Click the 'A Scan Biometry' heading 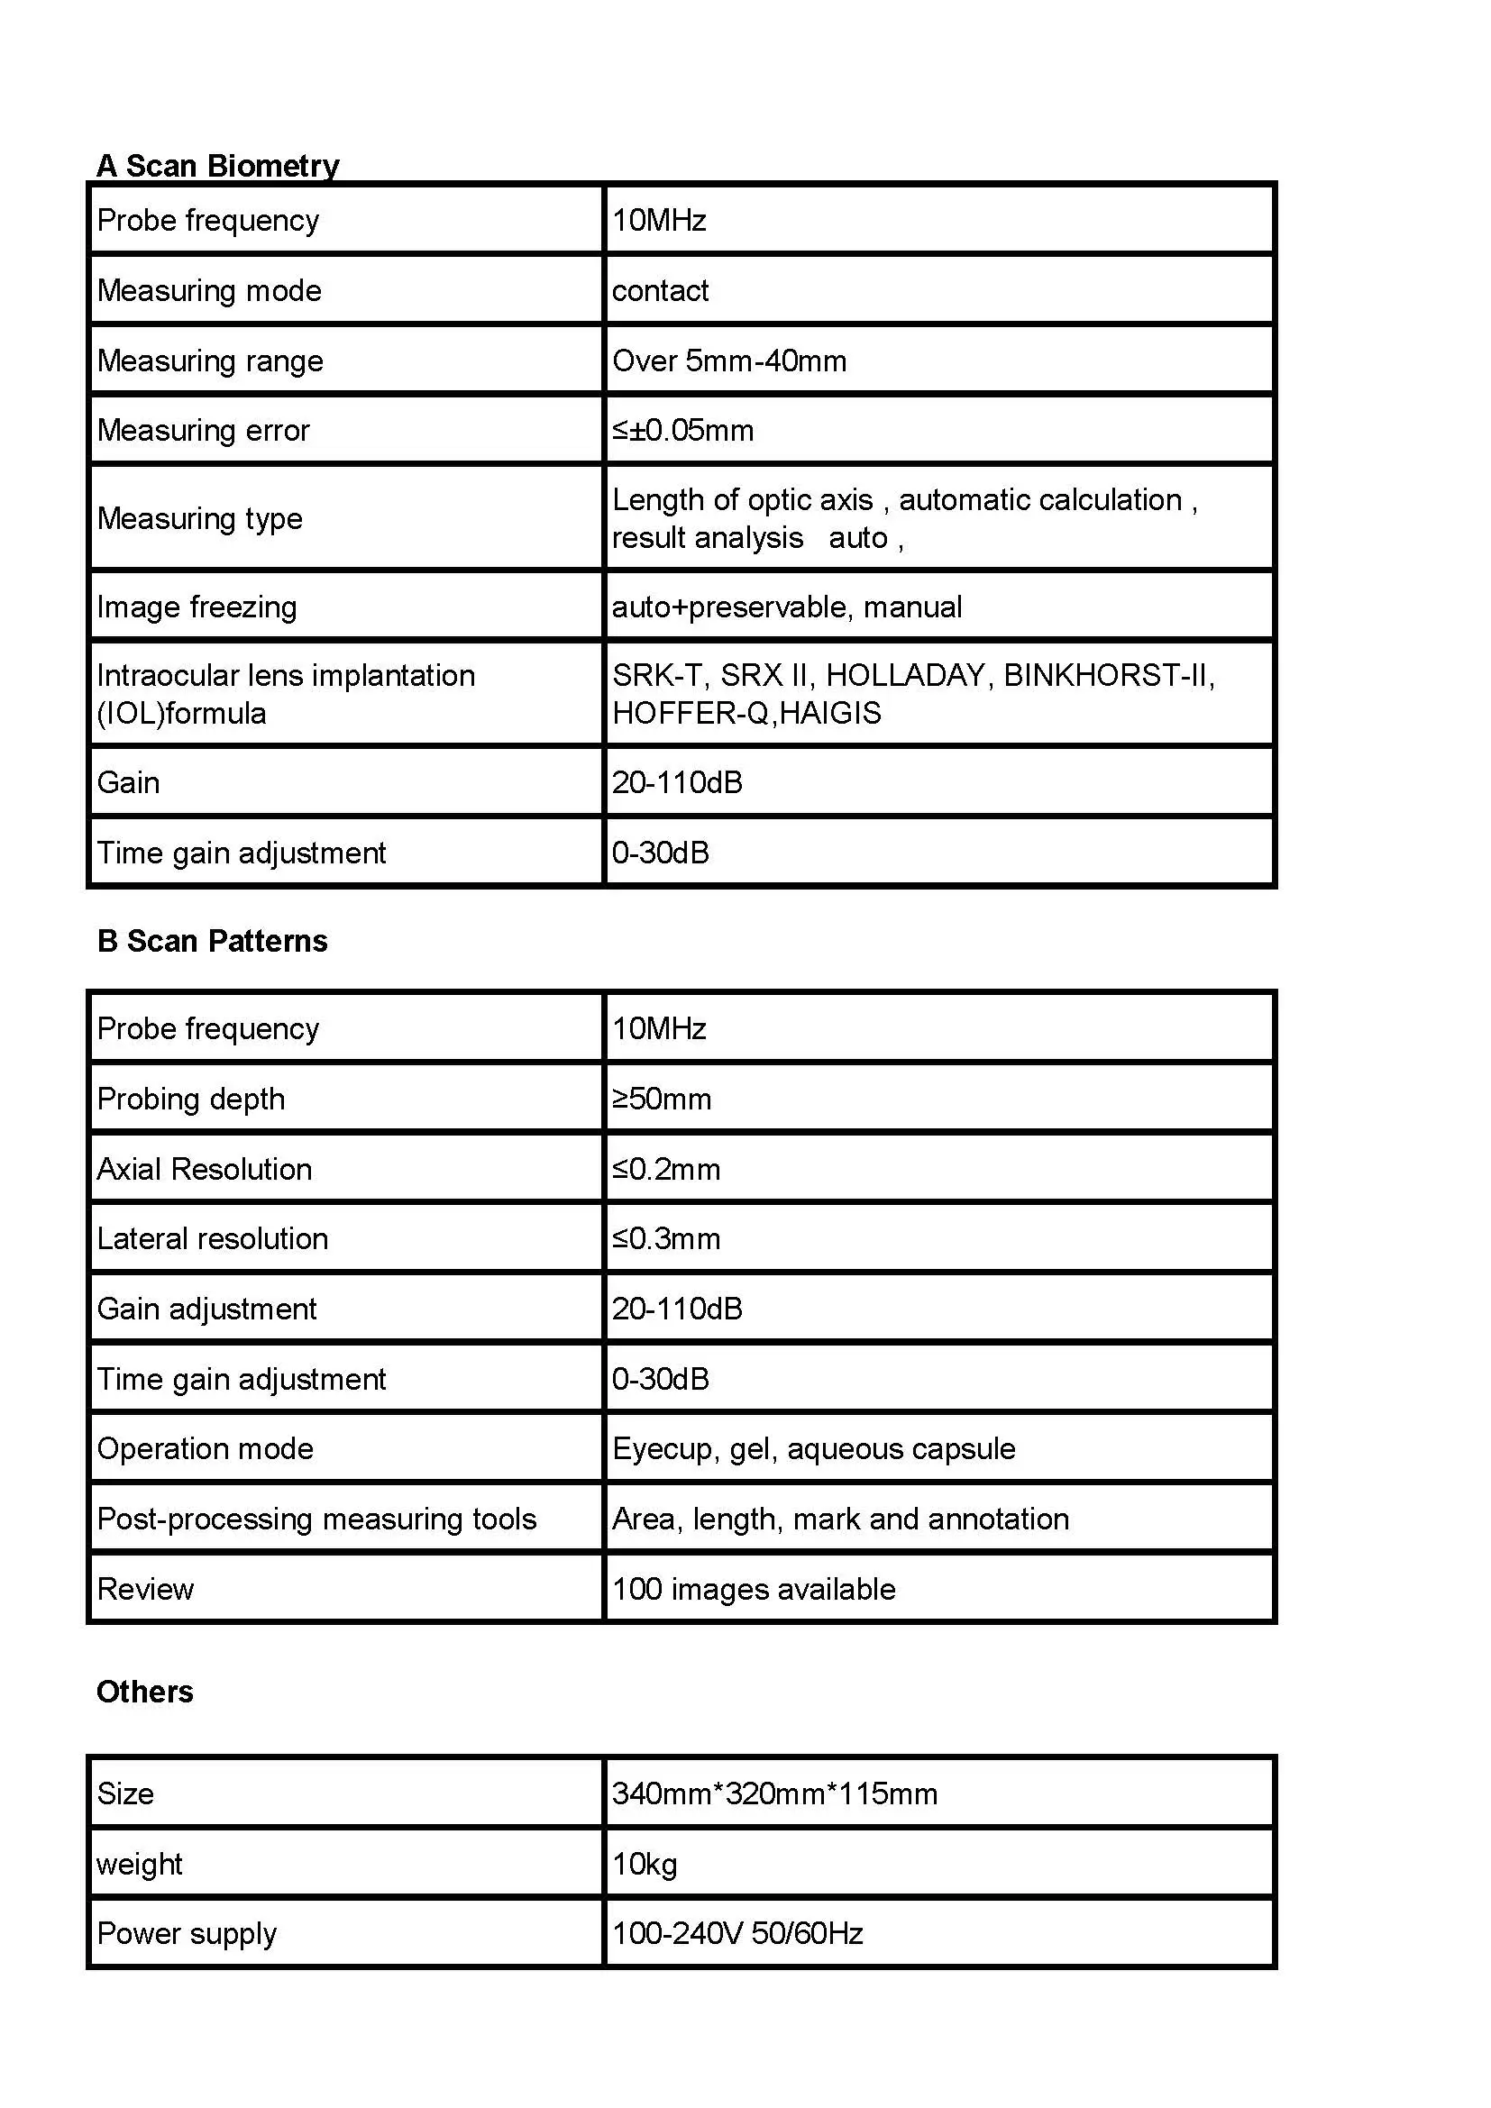tap(217, 165)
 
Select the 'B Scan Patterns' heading tap(212, 941)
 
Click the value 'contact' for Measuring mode tap(660, 291)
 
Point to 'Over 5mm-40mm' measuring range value tap(729, 360)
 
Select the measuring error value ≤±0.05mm tap(682, 431)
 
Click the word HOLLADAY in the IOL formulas tap(905, 676)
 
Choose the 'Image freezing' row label tap(197, 607)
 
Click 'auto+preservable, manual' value tap(787, 607)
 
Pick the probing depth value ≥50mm tap(661, 1099)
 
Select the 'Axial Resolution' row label tap(204, 1169)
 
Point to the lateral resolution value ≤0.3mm tap(665, 1238)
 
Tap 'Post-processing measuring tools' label tap(316, 1519)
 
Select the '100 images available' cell tap(753, 1589)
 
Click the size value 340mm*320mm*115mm tap(774, 1793)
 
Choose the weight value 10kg tap(645, 1864)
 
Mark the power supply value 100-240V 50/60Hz tap(737, 1933)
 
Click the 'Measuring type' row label tap(199, 519)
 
